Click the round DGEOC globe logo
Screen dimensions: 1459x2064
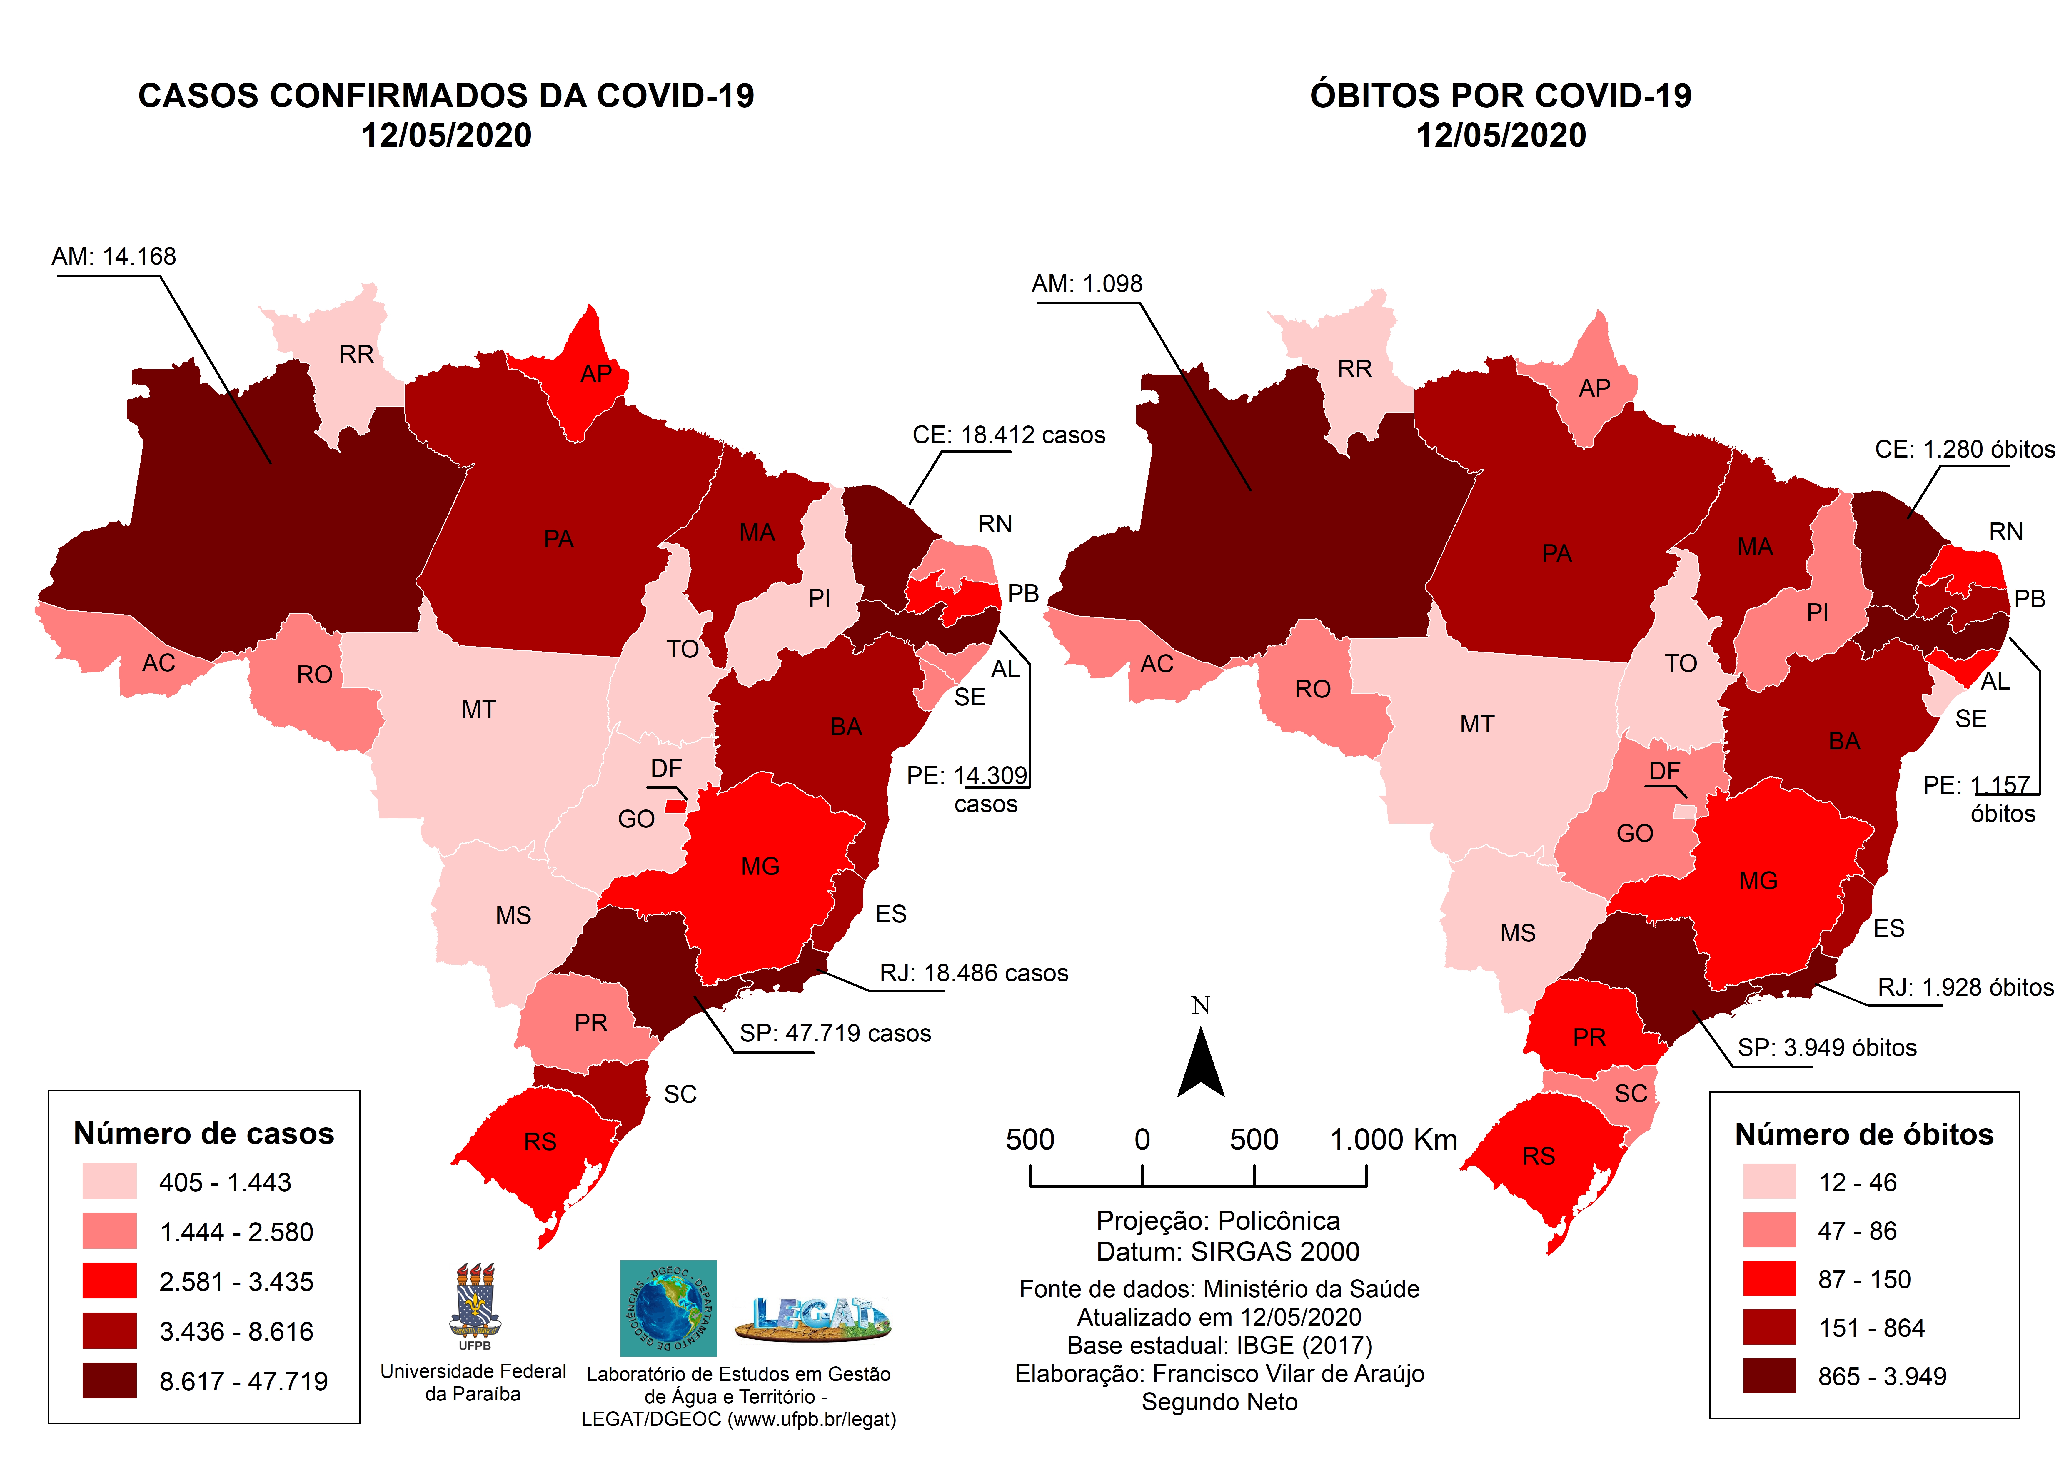[668, 1308]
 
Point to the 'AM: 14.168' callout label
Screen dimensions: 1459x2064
[114, 257]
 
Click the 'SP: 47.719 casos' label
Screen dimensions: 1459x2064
[835, 1034]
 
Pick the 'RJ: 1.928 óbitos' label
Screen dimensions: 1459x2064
[1965, 988]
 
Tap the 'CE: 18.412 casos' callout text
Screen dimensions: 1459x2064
[1009, 435]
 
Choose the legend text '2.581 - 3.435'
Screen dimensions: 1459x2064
[236, 1282]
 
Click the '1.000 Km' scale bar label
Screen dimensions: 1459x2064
[1392, 1140]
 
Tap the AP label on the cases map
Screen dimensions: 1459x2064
[595, 374]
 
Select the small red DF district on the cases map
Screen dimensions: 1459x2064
[675, 806]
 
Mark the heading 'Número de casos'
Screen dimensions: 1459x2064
[204, 1134]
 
